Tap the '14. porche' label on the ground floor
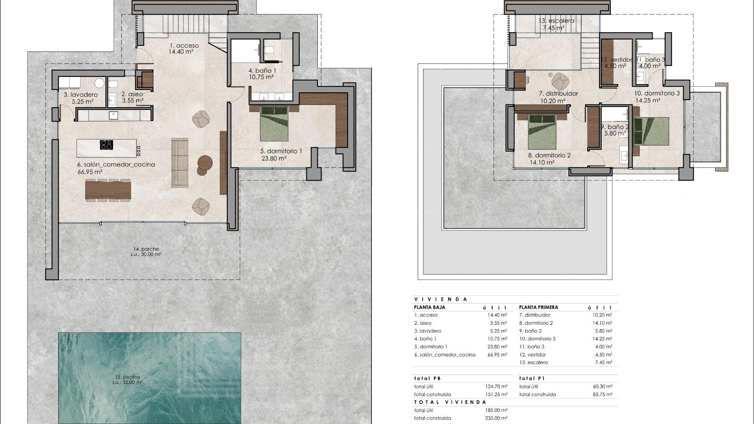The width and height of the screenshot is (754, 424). coord(146,249)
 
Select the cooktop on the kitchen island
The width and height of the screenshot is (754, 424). coord(106,145)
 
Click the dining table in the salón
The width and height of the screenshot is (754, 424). coord(108,190)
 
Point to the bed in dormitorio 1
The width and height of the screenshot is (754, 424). coord(274,124)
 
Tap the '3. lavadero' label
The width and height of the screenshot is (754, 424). coord(81,95)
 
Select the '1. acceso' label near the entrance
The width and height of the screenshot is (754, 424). coord(184,46)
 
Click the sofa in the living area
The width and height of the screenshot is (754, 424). coord(180,162)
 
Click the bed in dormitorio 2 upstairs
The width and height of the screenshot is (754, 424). coord(542,132)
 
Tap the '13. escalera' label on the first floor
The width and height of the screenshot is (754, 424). coord(556,21)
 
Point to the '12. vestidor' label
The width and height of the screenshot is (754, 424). coord(616,60)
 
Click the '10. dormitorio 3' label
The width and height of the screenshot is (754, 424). coord(657,93)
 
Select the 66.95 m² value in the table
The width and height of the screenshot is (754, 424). coord(497,355)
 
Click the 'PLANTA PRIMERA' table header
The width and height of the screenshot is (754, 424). coord(538,307)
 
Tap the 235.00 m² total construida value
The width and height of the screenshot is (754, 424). coord(497,418)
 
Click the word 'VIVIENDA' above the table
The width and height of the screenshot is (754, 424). coord(441,299)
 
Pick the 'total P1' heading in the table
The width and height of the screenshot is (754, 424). coord(532,378)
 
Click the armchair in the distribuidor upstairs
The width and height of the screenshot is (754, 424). coord(560,81)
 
